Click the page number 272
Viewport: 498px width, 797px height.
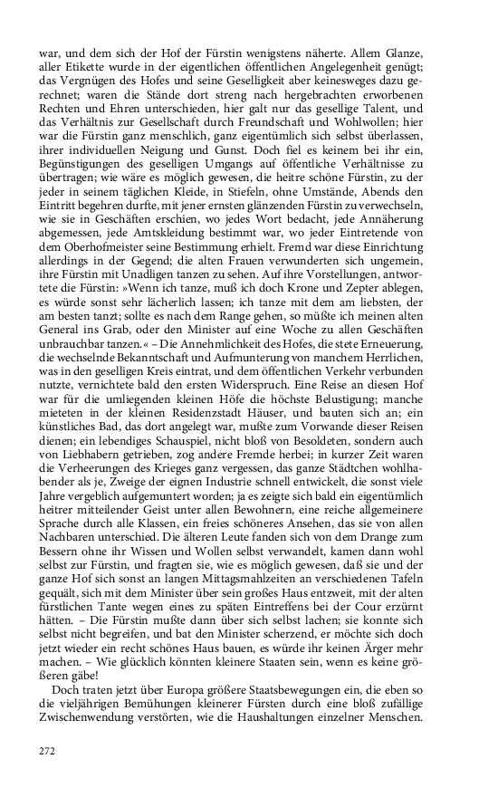click(48, 750)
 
